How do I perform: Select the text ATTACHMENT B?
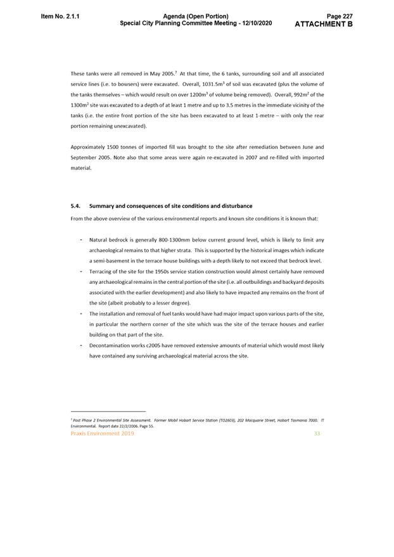[x=324, y=24]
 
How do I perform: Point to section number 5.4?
[x=76, y=206]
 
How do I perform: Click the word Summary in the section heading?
[x=103, y=206]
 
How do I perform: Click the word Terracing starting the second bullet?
[x=103, y=271]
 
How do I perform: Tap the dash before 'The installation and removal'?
[x=80, y=314]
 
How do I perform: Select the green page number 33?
[x=317, y=433]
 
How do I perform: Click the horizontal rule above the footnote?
[x=108, y=411]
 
